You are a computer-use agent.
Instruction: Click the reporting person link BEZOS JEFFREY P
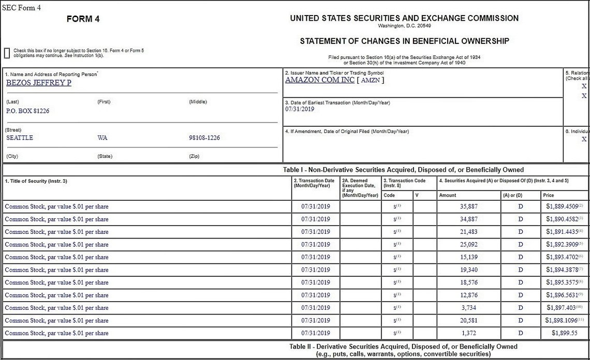coord(39,83)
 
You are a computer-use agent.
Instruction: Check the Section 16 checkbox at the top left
coord(7,53)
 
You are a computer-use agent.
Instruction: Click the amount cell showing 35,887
coord(469,206)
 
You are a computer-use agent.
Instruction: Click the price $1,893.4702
coord(562,257)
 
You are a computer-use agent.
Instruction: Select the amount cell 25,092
coord(469,245)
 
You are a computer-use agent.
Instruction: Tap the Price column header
coord(548,196)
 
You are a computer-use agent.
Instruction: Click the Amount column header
coord(447,196)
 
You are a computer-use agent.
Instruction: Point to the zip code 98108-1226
coord(204,138)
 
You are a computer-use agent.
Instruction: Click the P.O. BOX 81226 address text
coord(27,111)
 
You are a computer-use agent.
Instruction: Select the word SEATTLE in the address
coord(20,138)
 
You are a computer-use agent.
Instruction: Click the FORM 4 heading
coord(83,19)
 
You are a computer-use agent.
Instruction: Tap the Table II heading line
coord(403,347)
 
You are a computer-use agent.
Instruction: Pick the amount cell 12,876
coord(469,295)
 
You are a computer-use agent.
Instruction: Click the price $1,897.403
coord(561,308)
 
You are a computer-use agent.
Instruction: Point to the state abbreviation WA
coord(102,138)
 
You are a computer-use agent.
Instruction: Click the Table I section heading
coord(403,170)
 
